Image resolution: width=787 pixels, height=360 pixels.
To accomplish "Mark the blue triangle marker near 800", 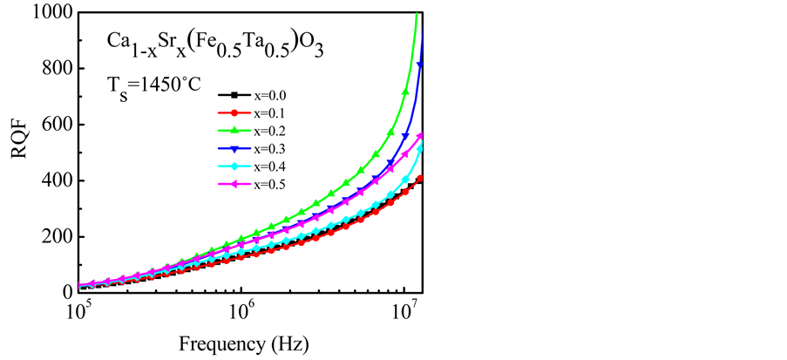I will (x=421, y=65).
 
